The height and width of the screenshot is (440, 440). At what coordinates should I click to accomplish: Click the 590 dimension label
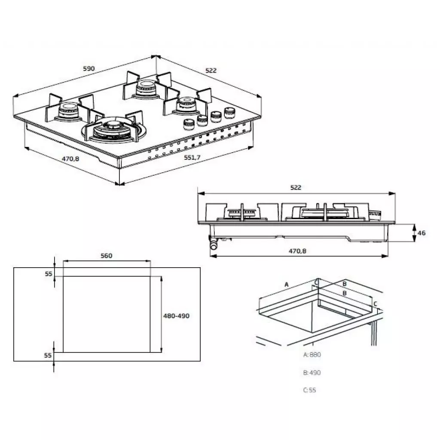(88, 69)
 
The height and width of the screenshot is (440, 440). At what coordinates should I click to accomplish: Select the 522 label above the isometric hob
(211, 70)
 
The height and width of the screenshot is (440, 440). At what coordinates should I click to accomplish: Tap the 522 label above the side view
(296, 187)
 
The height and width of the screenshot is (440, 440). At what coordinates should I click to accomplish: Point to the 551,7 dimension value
(192, 158)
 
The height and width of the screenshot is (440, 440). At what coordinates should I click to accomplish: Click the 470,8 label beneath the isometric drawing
(70, 159)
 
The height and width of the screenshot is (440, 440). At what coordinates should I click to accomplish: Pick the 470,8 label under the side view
(297, 251)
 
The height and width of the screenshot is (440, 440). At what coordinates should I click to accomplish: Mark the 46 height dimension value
(422, 233)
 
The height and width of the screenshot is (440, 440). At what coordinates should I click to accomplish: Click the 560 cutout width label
(106, 256)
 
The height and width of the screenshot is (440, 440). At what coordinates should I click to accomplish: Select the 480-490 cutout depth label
(176, 315)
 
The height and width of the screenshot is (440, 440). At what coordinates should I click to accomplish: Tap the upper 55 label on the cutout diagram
(48, 274)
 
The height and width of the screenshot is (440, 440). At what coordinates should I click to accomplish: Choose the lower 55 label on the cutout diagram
(48, 355)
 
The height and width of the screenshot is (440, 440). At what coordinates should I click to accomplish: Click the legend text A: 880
(312, 354)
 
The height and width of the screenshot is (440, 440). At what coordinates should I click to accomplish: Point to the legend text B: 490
(312, 373)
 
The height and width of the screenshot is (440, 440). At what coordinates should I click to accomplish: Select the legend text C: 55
(309, 390)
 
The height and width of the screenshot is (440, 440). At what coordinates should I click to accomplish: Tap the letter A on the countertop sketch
(286, 284)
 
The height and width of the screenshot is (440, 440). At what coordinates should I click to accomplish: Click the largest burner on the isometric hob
(113, 128)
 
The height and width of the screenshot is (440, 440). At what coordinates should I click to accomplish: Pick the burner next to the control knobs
(186, 105)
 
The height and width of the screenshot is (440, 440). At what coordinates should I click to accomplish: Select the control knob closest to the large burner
(188, 125)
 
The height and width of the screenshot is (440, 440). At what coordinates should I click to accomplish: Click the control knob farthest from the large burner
(229, 113)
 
